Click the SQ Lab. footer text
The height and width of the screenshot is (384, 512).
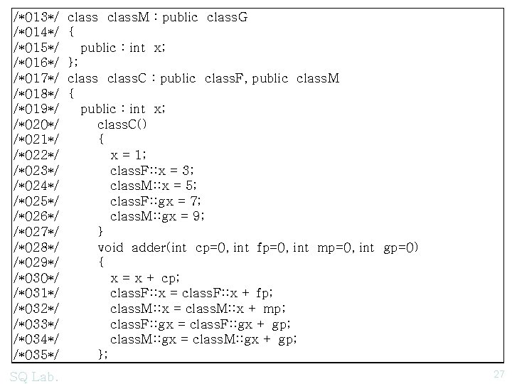pyautogui.click(x=35, y=375)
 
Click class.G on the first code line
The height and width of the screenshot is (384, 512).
pyautogui.click(x=228, y=16)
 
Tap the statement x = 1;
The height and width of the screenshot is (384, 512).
pyautogui.click(x=129, y=155)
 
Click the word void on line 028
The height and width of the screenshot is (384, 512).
pyautogui.click(x=111, y=247)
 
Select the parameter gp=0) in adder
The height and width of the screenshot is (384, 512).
pyautogui.click(x=402, y=247)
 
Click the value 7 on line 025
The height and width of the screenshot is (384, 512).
pyautogui.click(x=196, y=201)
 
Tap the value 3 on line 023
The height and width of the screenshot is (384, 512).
pyautogui.click(x=187, y=171)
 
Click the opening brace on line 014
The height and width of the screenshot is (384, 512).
pyautogui.click(x=72, y=32)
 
